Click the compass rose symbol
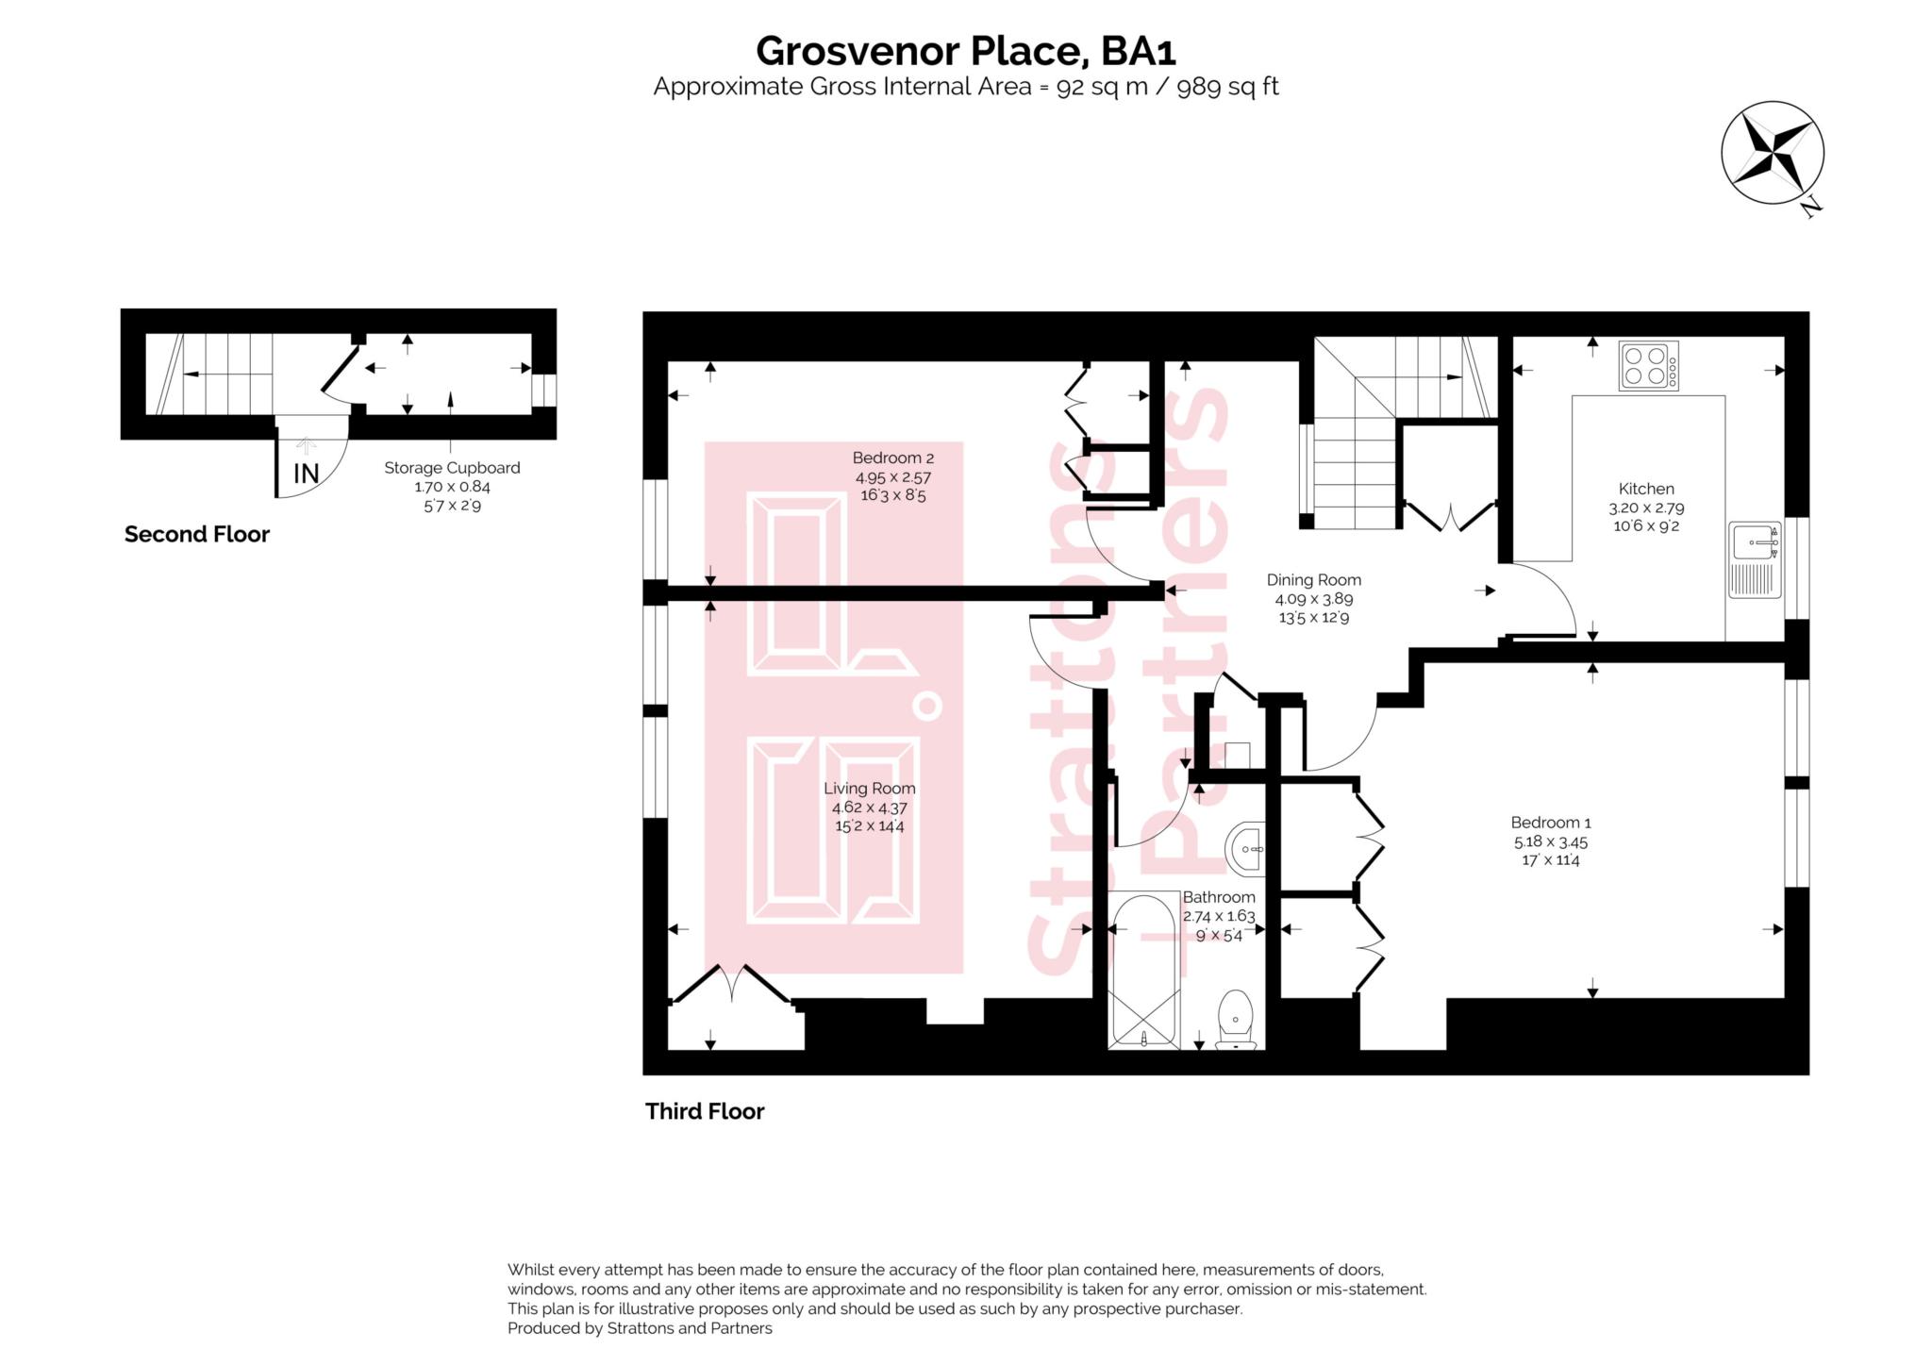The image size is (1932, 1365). point(1772,153)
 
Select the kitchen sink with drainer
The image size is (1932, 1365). point(1755,559)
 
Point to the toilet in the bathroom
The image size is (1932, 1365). point(1235,1020)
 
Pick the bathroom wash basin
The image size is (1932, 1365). point(1246,848)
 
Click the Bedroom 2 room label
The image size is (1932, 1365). point(892,458)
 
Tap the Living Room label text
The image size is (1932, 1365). point(869,789)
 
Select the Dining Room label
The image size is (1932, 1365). point(1313,580)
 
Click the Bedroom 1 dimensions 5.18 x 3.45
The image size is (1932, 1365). point(1550,841)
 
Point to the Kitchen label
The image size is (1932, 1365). point(1646,489)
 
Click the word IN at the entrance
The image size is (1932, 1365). point(306,474)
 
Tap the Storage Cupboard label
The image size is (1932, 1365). point(452,468)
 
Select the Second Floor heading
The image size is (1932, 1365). point(197,535)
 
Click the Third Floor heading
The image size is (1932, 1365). point(705,1111)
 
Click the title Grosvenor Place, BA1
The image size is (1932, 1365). point(965,51)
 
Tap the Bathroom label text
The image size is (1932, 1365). point(1219,897)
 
